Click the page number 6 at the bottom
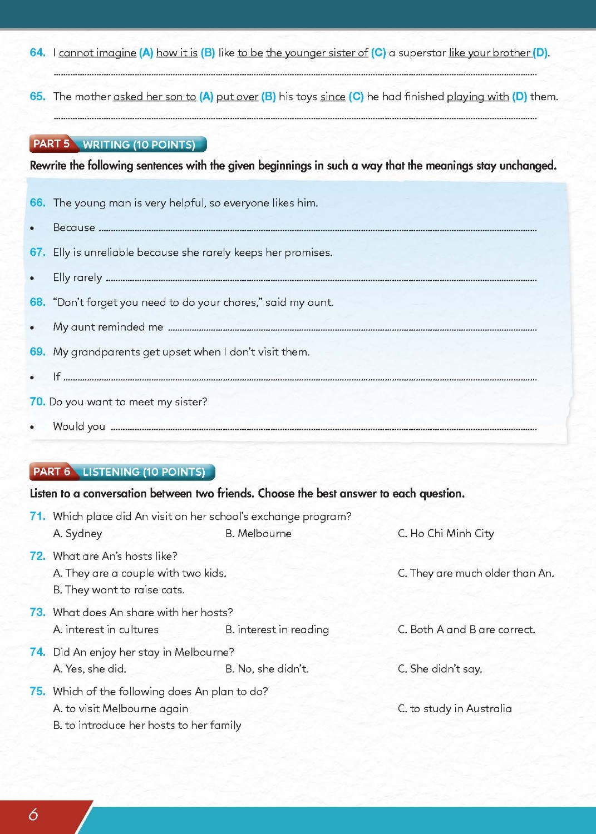pos(33,815)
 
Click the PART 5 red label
pos(51,144)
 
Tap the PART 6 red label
pos(51,472)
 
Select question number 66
pos(37,203)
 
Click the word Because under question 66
pos(74,227)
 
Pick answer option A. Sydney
pos(77,534)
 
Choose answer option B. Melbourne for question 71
pos(258,534)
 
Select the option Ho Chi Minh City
pos(446,534)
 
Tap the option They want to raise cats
pos(119,590)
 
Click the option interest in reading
pos(277,629)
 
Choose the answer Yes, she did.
pos(90,669)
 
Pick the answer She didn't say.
pos(440,669)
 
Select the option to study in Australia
pos(455,708)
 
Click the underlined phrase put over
pos(237,97)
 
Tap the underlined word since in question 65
pos(333,97)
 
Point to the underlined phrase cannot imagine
pos(97,53)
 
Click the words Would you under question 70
pos(79,426)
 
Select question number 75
pos(37,691)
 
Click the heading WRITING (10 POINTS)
pos(139,145)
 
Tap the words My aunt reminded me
pos(108,327)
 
